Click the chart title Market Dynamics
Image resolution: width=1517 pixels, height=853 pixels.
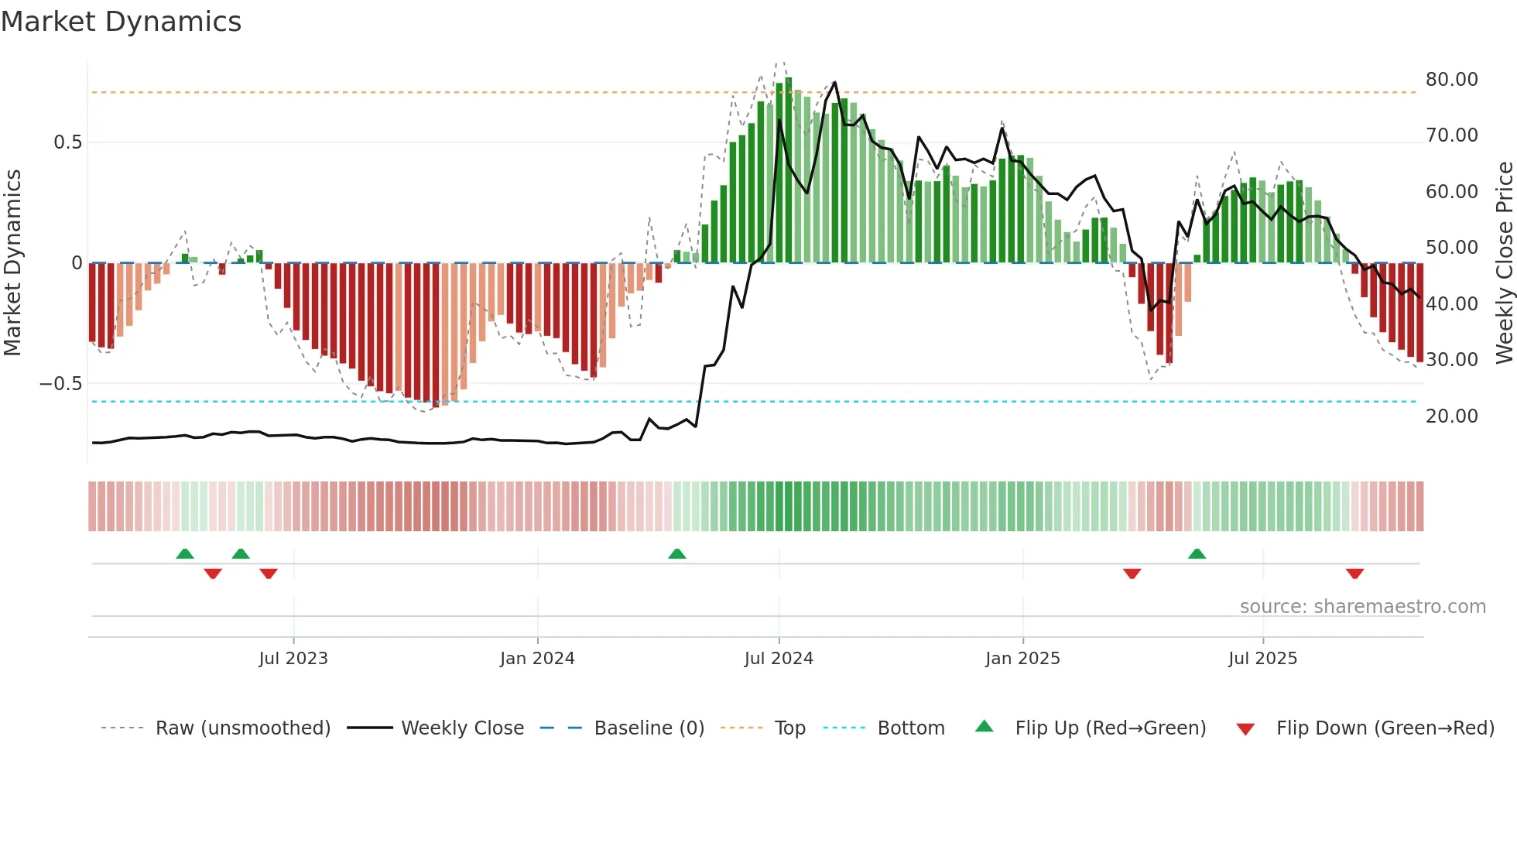coord(121,22)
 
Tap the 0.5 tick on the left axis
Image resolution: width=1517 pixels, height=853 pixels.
coord(67,142)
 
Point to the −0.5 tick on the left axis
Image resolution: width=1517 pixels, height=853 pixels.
coord(60,384)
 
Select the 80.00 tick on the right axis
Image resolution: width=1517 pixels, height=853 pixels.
coord(1451,80)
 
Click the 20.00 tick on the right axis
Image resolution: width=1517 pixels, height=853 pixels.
coord(1451,416)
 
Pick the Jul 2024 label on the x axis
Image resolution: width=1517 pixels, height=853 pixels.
coord(779,659)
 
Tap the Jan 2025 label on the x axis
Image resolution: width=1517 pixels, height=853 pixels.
coord(1022,659)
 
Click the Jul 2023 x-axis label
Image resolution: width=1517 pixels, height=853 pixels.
coord(293,659)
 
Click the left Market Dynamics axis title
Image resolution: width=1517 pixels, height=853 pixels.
coord(12,263)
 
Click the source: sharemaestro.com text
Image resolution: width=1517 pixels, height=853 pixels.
coord(1362,607)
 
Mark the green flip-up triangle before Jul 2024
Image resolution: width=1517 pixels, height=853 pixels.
coord(677,554)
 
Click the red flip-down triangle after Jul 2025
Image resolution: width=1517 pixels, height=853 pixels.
coord(1354,574)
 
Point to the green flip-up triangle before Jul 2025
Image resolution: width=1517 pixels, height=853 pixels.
coord(1197,554)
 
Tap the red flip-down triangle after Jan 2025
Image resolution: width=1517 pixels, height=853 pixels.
coord(1132,574)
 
